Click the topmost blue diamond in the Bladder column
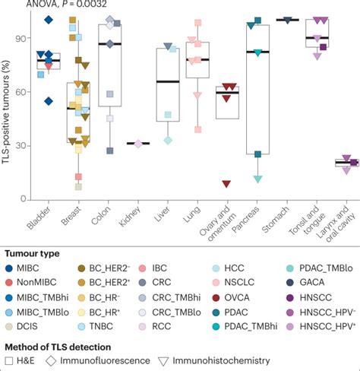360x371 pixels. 49,20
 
